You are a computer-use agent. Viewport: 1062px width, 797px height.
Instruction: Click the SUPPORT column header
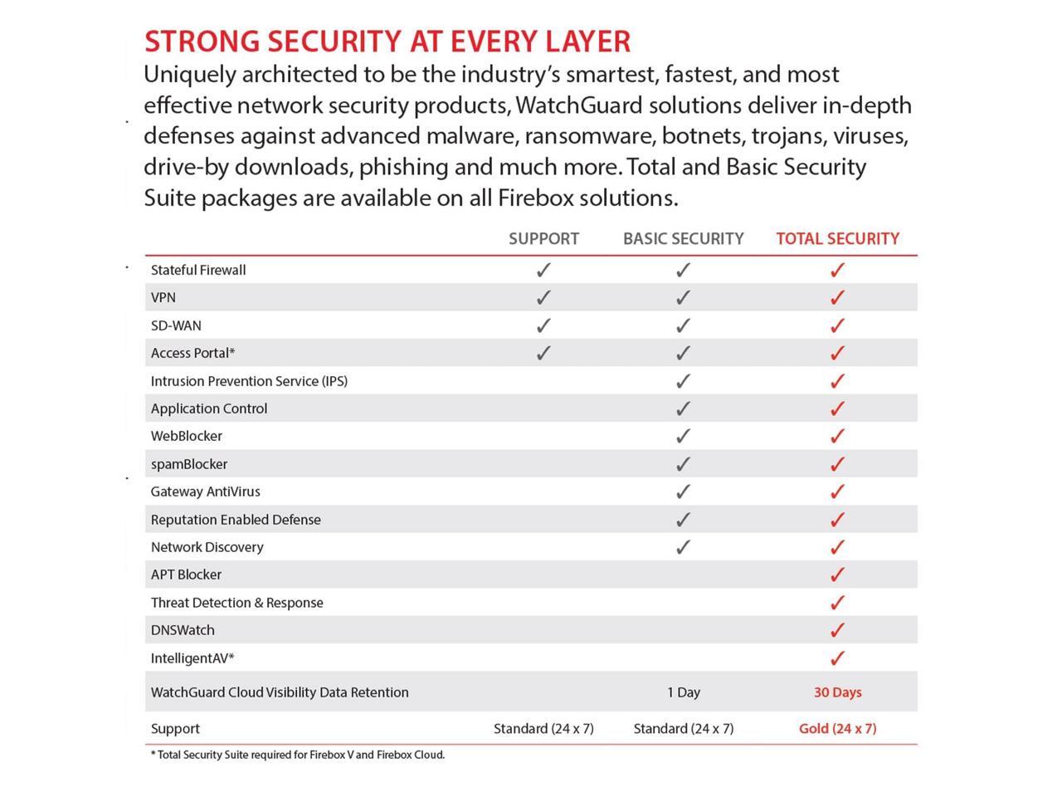click(x=543, y=239)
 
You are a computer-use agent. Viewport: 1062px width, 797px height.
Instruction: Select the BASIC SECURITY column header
click(x=683, y=239)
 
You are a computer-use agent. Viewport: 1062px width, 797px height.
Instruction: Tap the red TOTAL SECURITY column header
click(x=837, y=239)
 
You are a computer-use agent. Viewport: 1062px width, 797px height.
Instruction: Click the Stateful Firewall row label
click(x=198, y=270)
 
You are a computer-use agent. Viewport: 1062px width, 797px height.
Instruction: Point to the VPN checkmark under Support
click(x=543, y=297)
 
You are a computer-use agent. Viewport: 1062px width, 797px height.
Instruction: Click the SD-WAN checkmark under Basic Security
click(x=683, y=325)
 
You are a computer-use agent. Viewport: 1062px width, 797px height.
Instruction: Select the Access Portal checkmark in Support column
click(x=543, y=353)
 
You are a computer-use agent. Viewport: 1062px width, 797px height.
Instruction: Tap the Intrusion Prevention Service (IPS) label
click(x=249, y=381)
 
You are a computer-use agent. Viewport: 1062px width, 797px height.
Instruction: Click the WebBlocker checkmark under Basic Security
click(x=683, y=436)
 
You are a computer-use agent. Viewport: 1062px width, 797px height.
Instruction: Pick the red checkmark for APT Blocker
click(x=837, y=575)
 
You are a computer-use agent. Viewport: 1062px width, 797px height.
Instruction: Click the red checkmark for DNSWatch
click(x=837, y=630)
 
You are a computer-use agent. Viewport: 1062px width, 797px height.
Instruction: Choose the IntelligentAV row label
click(x=192, y=658)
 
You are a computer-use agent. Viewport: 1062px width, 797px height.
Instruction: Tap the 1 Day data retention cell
click(x=684, y=692)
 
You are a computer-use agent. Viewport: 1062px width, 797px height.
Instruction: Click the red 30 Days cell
click(x=837, y=692)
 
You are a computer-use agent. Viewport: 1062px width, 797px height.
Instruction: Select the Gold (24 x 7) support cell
click(x=837, y=729)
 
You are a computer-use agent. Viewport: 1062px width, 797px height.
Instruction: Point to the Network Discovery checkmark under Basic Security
click(x=683, y=547)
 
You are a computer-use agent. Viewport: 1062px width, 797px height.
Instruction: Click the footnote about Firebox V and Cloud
click(x=298, y=755)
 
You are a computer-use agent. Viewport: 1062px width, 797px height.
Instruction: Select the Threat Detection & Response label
click(x=236, y=603)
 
